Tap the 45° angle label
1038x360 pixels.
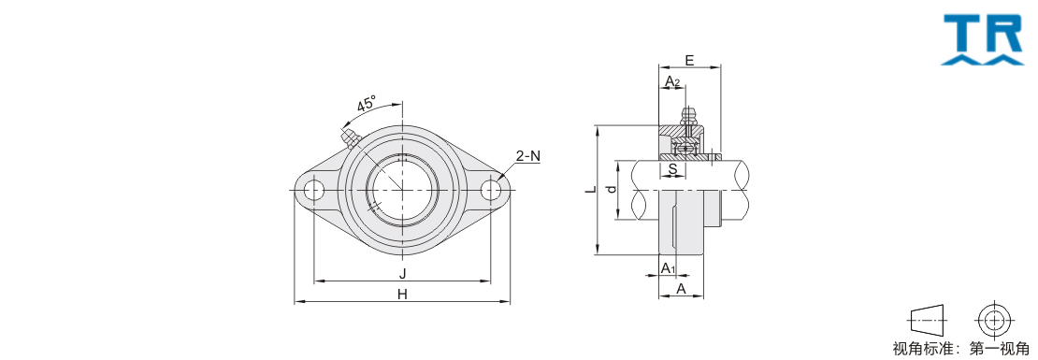366,105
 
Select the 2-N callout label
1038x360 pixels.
528,156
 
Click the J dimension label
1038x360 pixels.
402,274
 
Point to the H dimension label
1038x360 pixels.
402,295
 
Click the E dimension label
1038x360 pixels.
689,60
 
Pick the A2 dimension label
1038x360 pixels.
672,82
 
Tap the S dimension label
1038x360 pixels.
672,168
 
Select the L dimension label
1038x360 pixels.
592,189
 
